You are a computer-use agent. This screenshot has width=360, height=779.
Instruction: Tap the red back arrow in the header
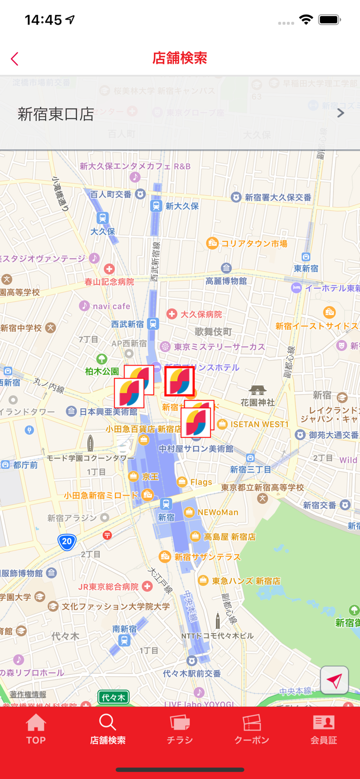[x=15, y=59]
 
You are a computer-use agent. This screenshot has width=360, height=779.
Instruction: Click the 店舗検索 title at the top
[x=180, y=58]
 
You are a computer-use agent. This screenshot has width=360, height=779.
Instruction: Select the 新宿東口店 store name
[x=56, y=114]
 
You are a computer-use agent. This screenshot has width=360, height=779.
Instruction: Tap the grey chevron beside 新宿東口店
[x=341, y=113]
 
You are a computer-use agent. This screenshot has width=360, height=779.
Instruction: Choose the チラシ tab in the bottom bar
[x=180, y=729]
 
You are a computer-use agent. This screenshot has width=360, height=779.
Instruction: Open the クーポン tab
[x=251, y=729]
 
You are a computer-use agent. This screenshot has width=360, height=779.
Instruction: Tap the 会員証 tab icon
[x=324, y=723]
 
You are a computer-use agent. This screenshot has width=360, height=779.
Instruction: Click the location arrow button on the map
[x=335, y=680]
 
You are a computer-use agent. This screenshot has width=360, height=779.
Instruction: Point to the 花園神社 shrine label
[x=258, y=402]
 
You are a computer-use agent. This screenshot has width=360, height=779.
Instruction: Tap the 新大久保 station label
[x=182, y=206]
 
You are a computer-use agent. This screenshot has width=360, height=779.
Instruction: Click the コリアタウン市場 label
[x=254, y=243]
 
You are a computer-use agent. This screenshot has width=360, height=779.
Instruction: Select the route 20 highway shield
[x=67, y=541]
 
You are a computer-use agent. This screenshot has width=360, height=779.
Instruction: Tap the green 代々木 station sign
[x=113, y=697]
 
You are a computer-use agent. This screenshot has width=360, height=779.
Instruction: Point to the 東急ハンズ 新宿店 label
[x=246, y=581]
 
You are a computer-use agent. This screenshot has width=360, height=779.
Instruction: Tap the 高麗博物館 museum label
[x=226, y=281]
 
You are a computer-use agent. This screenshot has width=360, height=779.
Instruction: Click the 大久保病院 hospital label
[x=201, y=314]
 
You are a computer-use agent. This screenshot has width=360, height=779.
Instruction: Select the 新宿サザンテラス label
[x=207, y=557]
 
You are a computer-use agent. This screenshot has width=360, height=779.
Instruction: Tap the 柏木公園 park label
[x=102, y=371]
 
